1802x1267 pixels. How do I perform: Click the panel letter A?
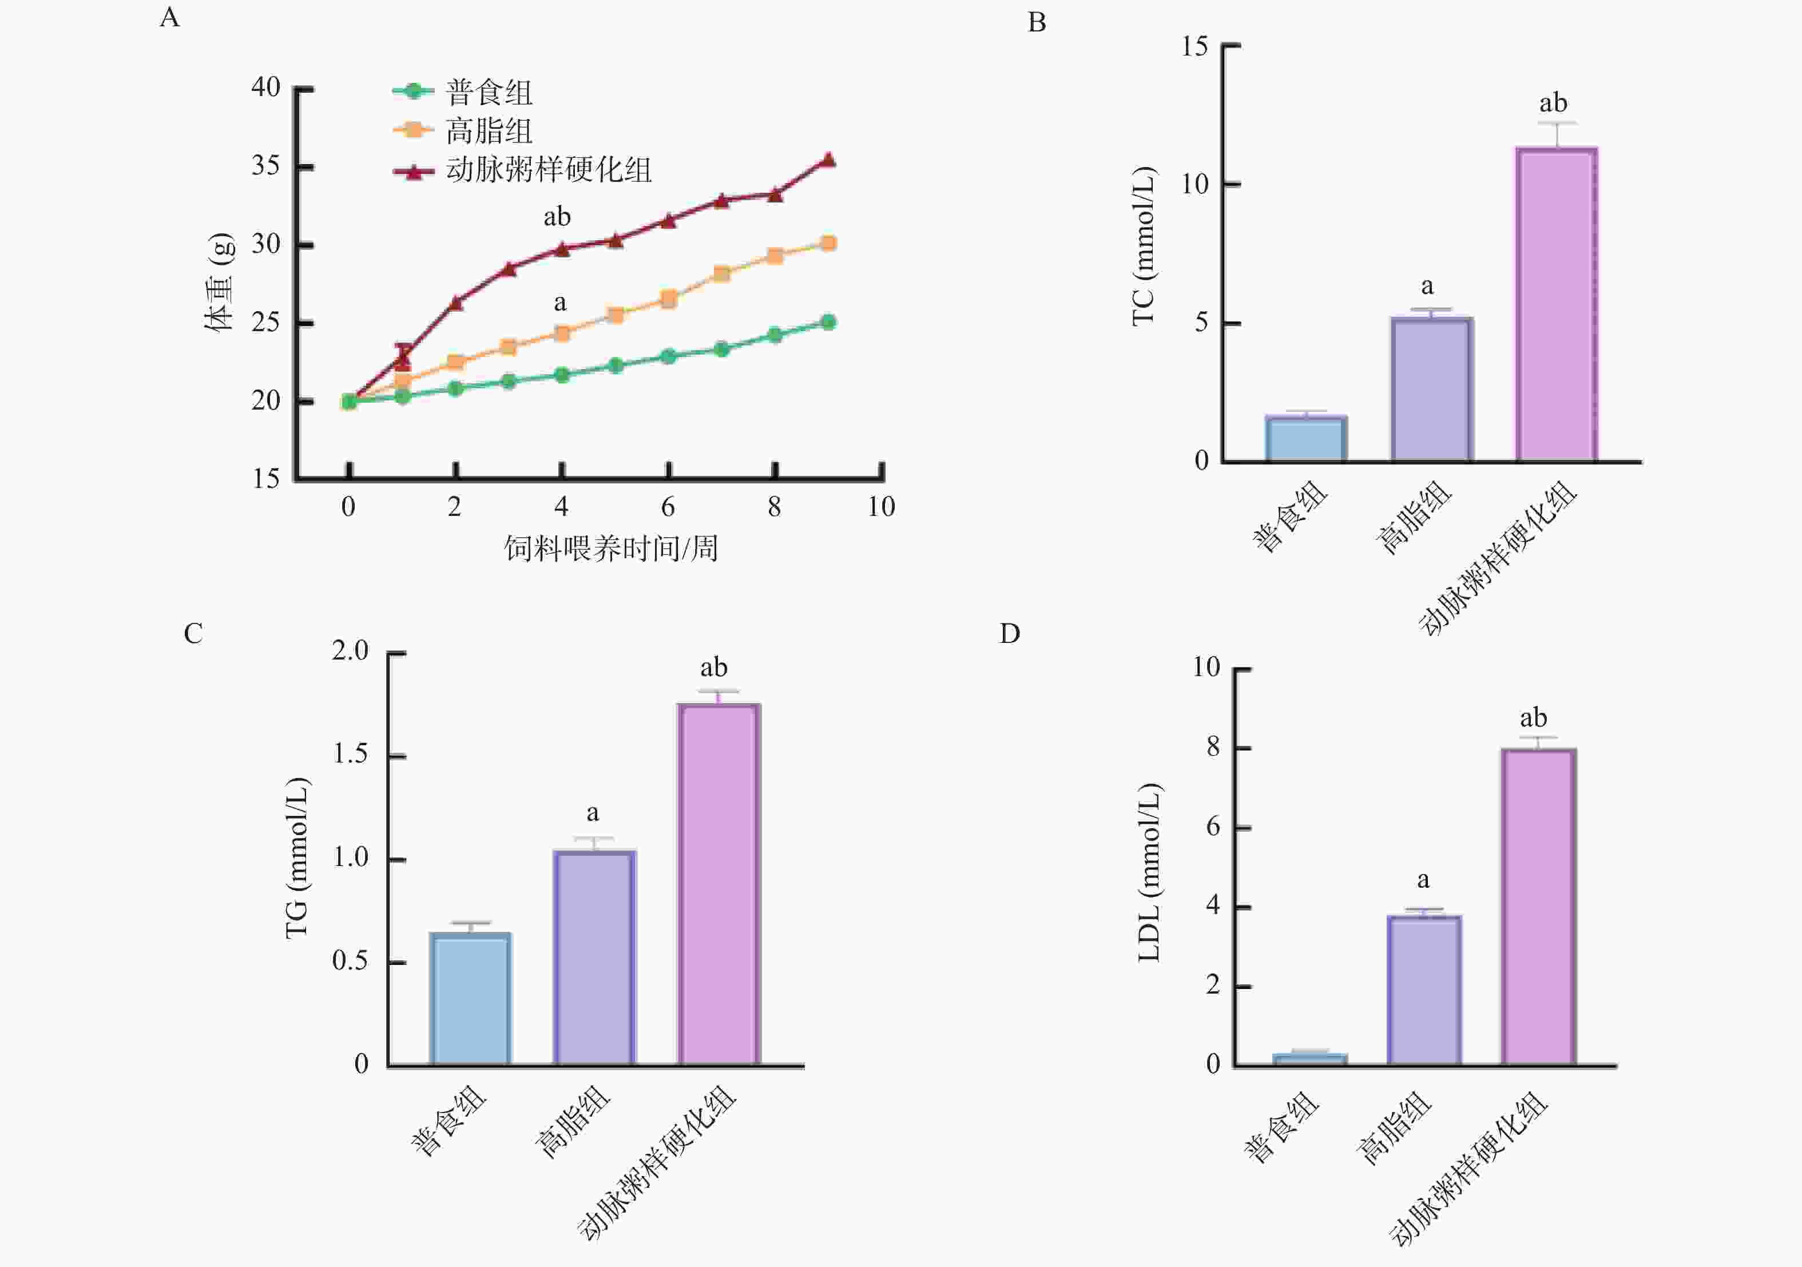[169, 17]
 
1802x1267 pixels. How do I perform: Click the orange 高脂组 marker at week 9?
[828, 243]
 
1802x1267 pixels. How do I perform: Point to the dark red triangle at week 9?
[828, 160]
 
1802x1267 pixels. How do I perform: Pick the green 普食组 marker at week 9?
[828, 322]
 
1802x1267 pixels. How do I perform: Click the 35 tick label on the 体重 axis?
[266, 166]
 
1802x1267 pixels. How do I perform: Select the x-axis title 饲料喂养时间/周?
[610, 548]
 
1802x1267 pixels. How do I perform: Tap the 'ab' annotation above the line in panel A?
[557, 217]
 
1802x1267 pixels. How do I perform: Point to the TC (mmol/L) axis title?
[1144, 246]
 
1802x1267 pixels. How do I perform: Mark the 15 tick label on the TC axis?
[1194, 46]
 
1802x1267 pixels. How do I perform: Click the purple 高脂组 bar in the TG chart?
[594, 958]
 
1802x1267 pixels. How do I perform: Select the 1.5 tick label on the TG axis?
[350, 754]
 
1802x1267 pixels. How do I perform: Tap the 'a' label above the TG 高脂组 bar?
[593, 812]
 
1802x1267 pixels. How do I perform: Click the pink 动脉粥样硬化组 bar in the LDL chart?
[1538, 907]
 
